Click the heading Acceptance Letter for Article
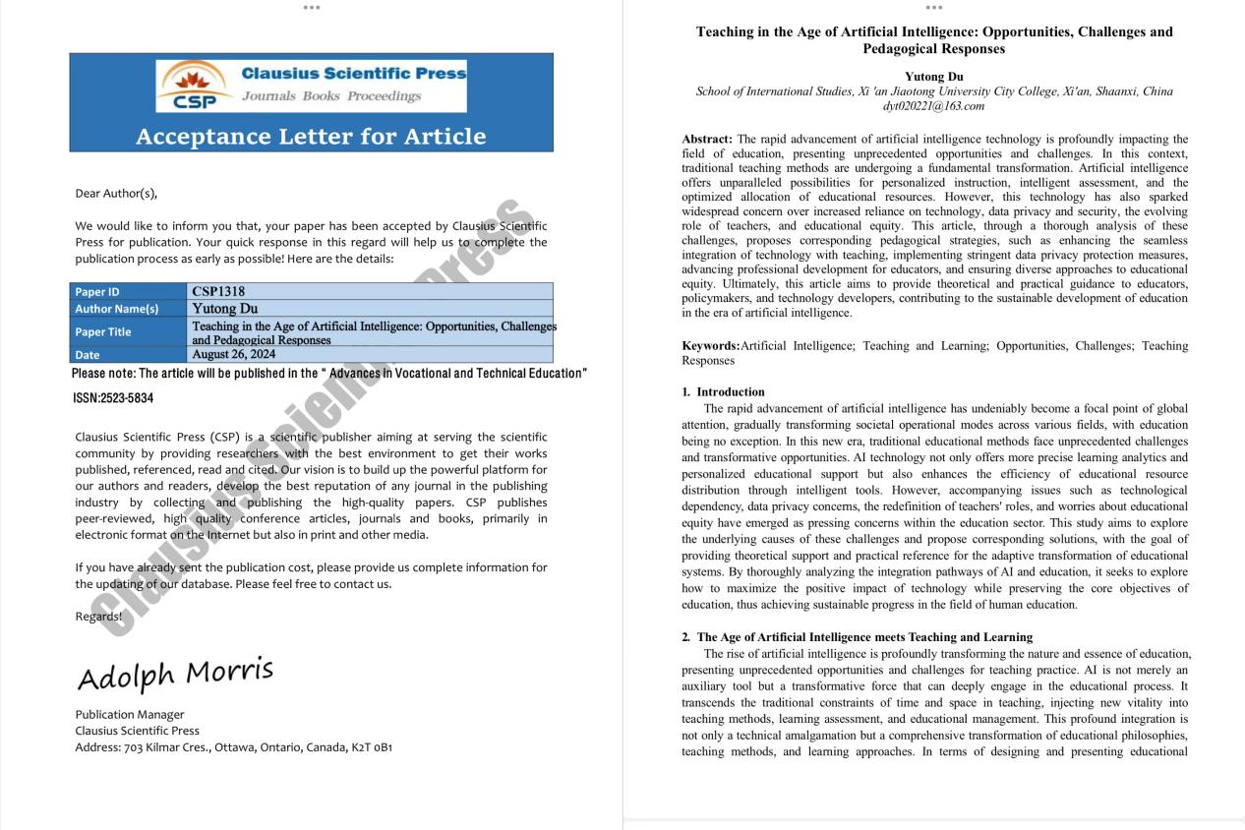point(311,136)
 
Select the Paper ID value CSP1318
point(218,292)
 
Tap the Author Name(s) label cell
point(116,309)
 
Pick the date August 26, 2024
point(234,354)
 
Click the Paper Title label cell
point(103,331)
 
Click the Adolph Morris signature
point(175,675)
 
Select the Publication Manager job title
point(130,714)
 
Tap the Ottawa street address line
point(233,747)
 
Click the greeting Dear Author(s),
point(116,193)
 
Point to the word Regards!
point(98,617)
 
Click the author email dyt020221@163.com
point(933,105)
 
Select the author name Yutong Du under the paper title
point(933,76)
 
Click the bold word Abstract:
point(707,140)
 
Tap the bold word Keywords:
point(710,346)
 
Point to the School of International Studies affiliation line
point(933,91)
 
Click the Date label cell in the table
point(88,355)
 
